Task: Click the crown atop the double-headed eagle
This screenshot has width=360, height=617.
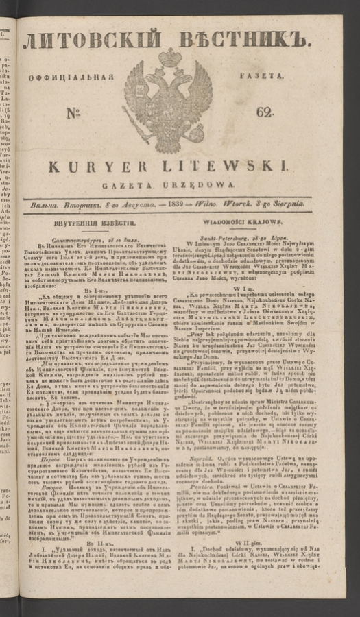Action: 169,58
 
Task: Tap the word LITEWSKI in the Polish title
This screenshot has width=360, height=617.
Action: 244,167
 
